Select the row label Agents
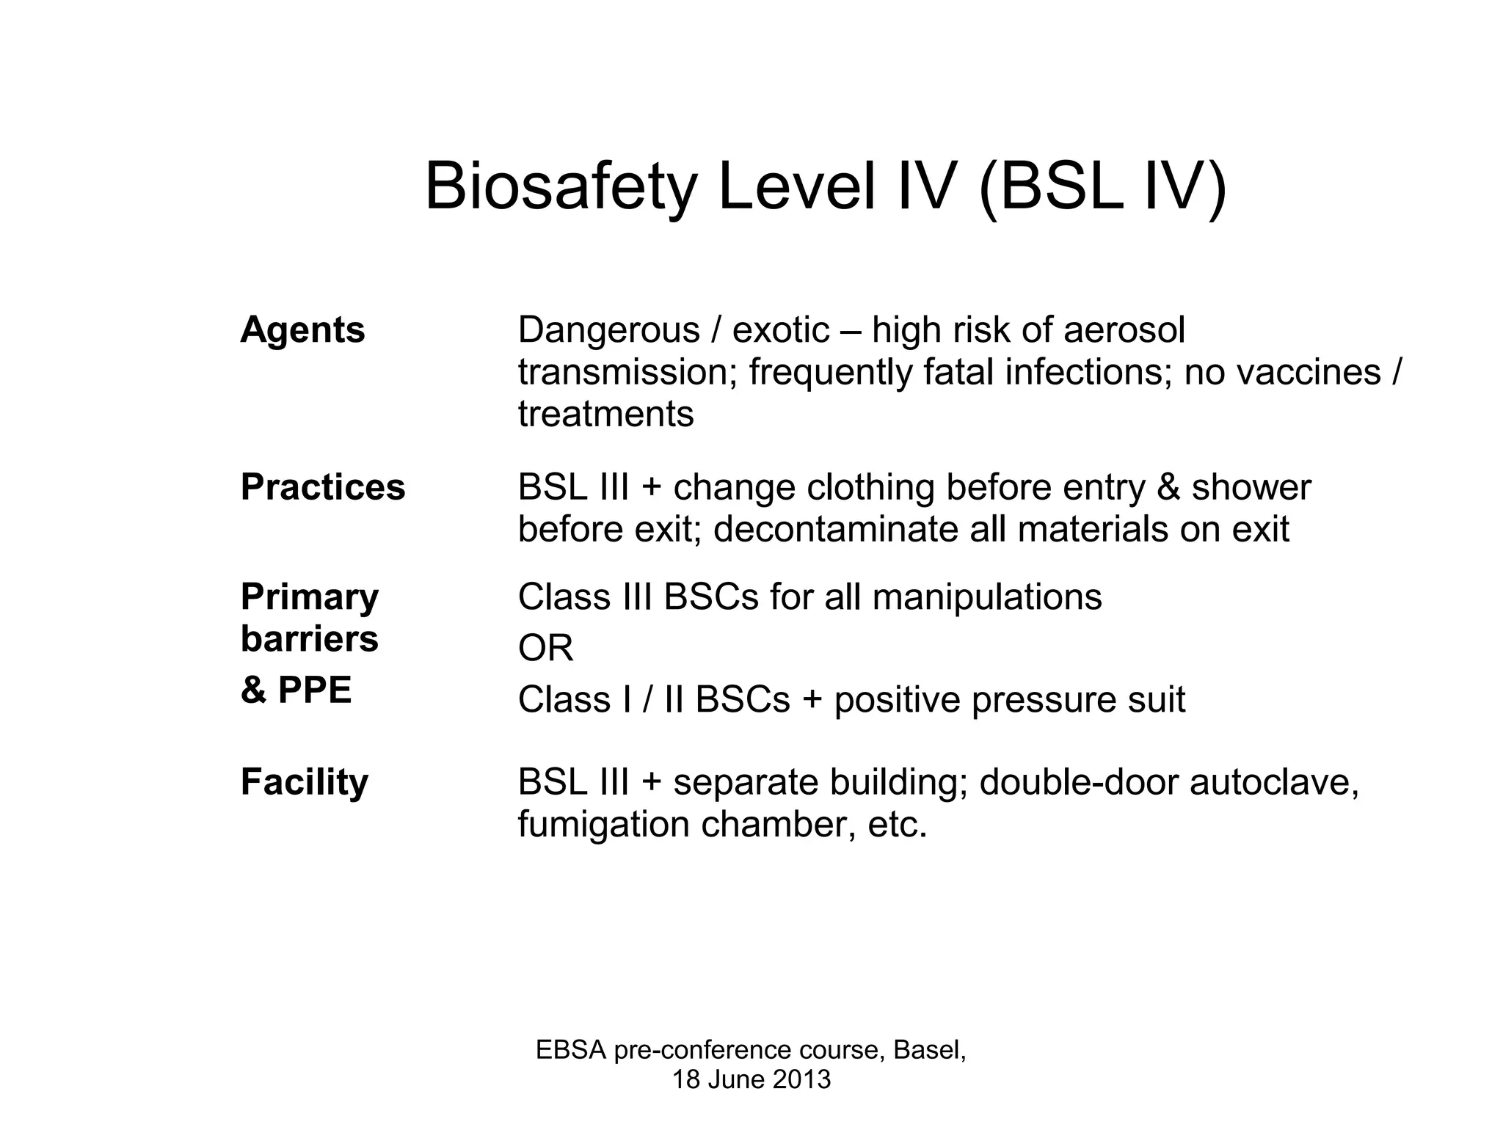click(x=302, y=329)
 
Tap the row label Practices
click(x=323, y=486)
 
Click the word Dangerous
click(x=608, y=330)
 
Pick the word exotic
click(x=781, y=330)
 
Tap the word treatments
click(x=605, y=414)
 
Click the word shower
click(x=1251, y=487)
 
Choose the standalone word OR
click(x=545, y=648)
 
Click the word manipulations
click(x=986, y=597)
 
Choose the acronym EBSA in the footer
click(x=571, y=1050)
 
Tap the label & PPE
click(x=296, y=690)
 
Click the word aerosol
click(x=1124, y=330)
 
